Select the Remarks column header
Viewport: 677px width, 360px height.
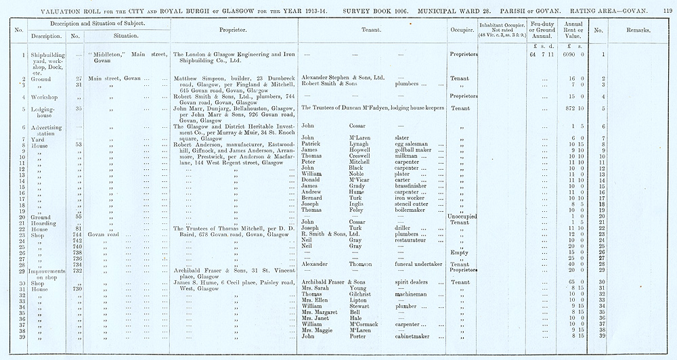tap(636, 30)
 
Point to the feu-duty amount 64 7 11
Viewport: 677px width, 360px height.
tap(539, 54)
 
